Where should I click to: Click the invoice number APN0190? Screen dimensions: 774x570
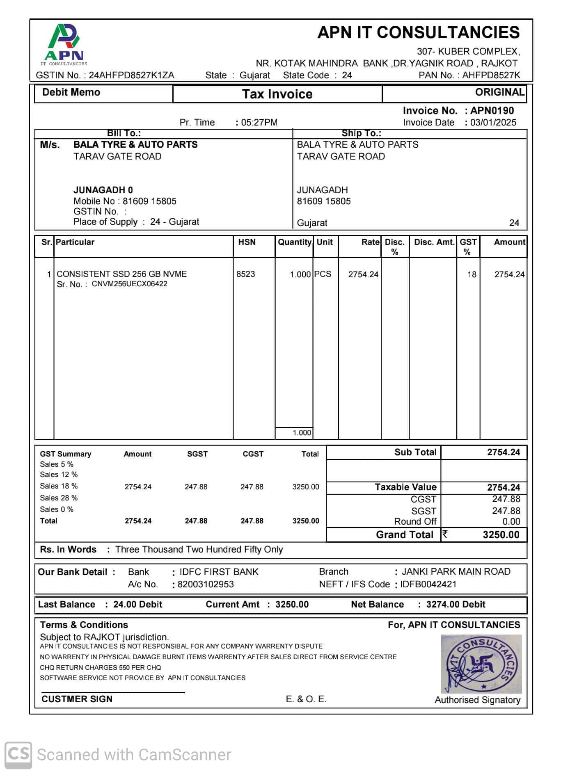tap(492, 111)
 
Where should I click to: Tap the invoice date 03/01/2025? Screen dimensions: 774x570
tap(493, 123)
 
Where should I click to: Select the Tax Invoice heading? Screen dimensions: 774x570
tap(277, 94)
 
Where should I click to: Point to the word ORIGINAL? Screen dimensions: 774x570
tap(499, 92)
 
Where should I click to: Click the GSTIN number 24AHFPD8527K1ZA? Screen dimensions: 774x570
tap(131, 75)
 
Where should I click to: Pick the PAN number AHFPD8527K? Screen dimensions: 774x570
tap(491, 75)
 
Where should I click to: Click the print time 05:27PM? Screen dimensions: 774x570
tap(259, 123)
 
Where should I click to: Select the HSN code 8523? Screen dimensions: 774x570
tap(245, 274)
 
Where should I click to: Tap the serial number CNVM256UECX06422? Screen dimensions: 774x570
tap(129, 284)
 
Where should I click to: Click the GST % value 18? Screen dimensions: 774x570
tap(472, 274)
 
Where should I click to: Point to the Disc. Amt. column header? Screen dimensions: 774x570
tap(434, 242)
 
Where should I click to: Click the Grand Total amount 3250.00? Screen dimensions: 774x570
tap(501, 535)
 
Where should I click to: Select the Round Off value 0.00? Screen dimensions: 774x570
tap(511, 522)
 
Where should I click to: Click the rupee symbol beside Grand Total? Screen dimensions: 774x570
tap(445, 534)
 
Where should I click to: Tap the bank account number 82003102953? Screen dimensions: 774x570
tap(206, 584)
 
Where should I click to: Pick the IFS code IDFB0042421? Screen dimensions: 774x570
tap(428, 584)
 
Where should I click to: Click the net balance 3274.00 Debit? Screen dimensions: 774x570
tap(456, 605)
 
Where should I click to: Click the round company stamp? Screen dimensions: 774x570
tap(481, 664)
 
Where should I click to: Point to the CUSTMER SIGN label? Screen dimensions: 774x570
tap(77, 699)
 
